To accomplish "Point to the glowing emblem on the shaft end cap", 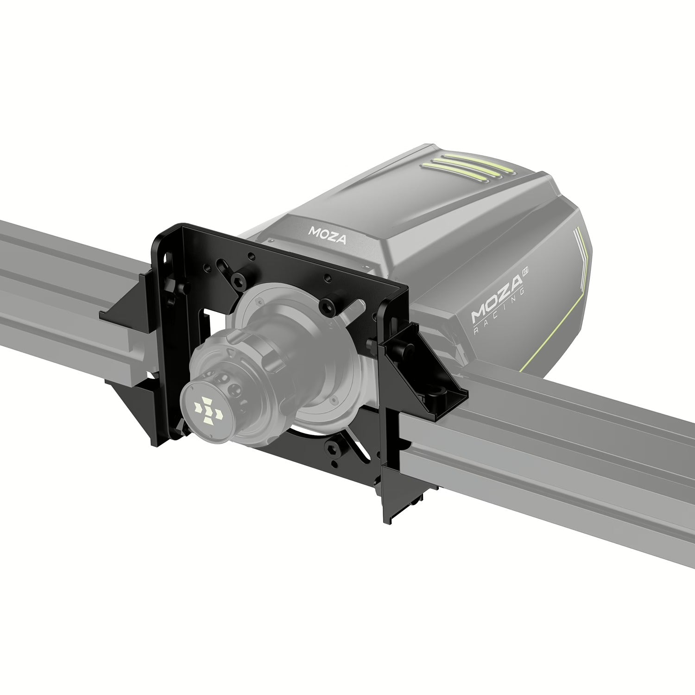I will click(206, 407).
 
